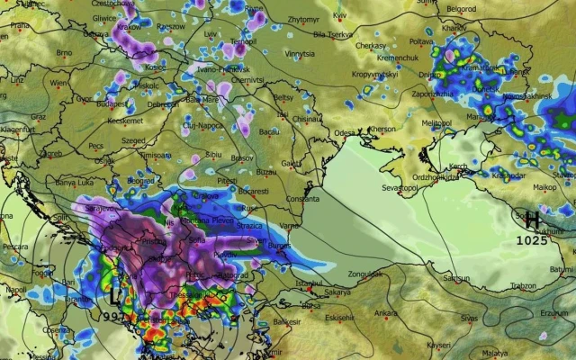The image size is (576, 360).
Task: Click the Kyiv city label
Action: tap(339, 15)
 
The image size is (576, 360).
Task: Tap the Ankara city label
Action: tap(386, 313)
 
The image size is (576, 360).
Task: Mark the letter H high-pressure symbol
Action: tap(533, 219)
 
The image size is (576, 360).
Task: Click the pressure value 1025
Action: tap(533, 240)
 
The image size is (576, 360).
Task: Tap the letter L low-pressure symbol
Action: tap(114, 294)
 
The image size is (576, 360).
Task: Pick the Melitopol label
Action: tap(436, 122)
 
